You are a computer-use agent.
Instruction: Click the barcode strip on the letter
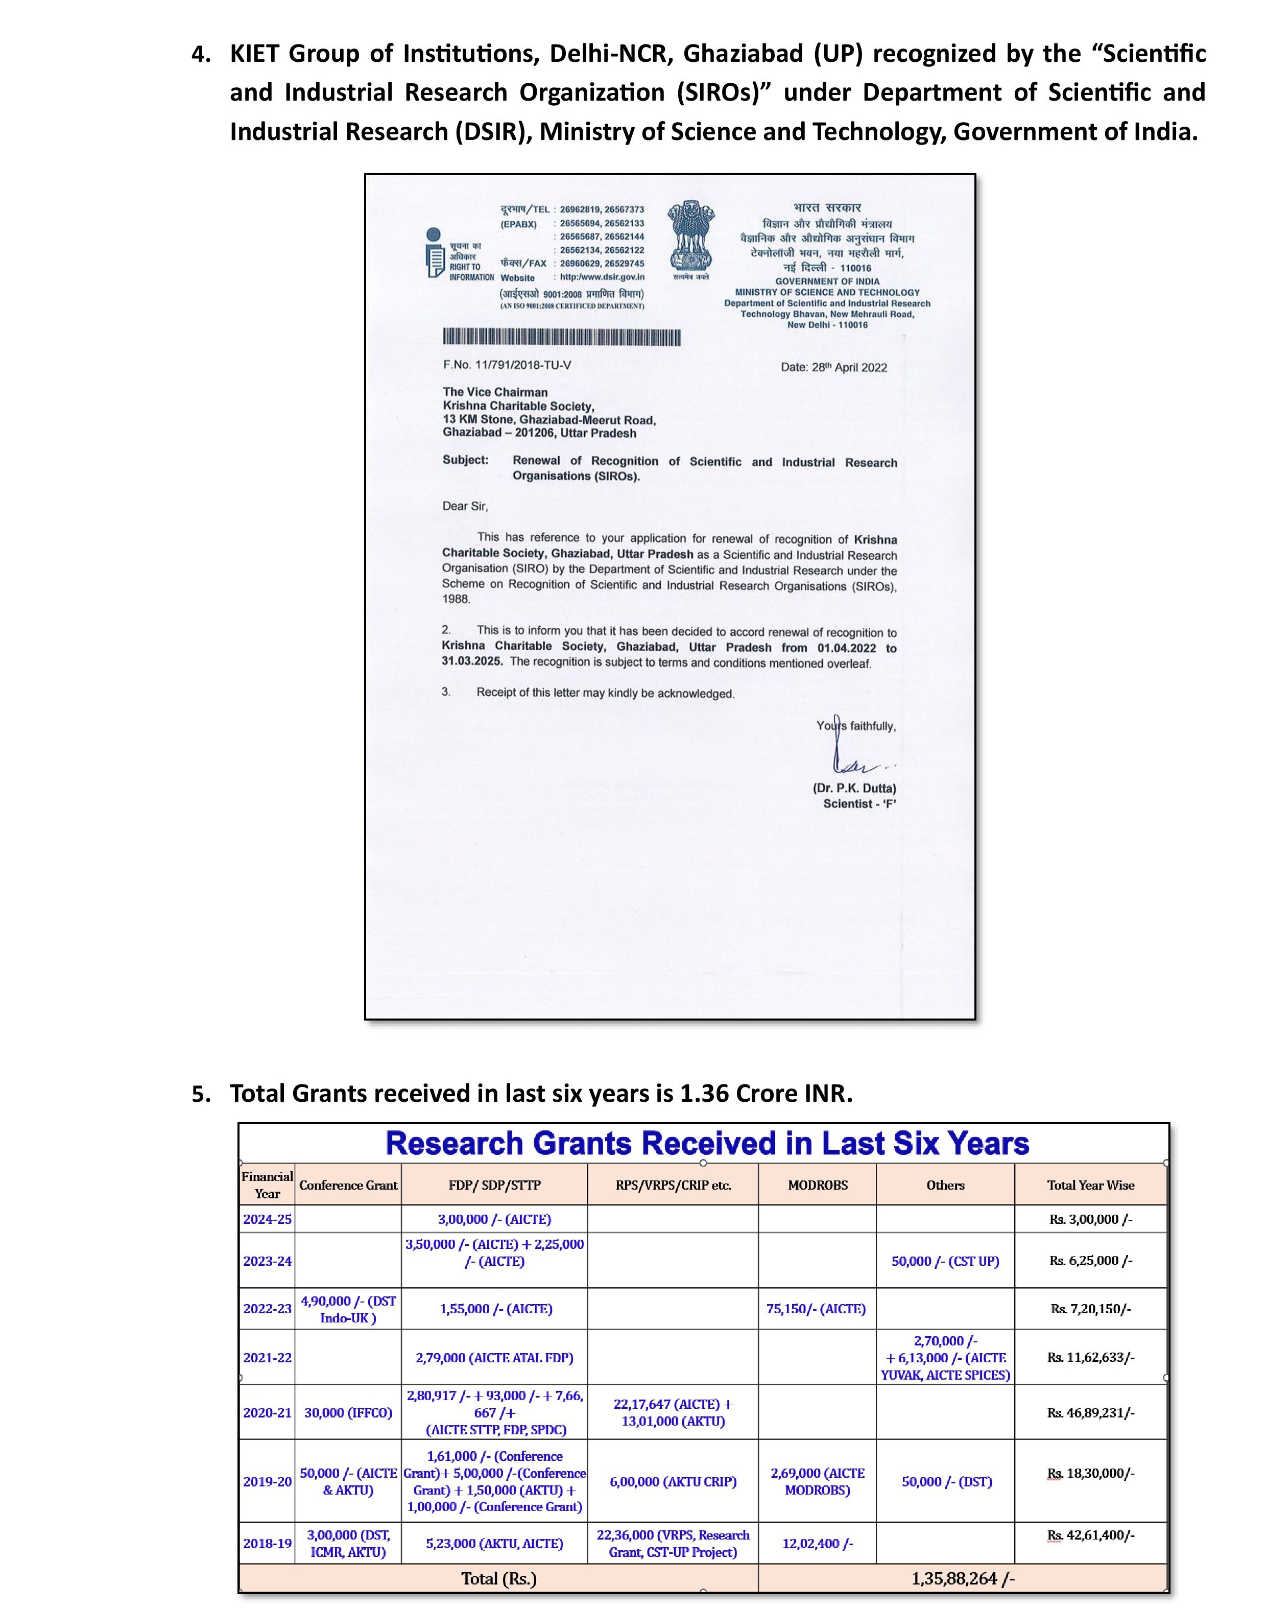[562, 338]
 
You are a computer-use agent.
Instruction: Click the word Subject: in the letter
[465, 460]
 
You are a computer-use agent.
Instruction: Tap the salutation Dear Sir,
[465, 506]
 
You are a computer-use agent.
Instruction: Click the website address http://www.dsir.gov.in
[602, 277]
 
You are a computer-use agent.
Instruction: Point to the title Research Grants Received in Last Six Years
[707, 1143]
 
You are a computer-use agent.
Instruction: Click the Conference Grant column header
[348, 1185]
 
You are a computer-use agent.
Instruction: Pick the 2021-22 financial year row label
[267, 1358]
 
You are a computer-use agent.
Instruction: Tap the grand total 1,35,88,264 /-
[963, 1578]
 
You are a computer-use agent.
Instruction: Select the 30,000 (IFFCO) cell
[348, 1412]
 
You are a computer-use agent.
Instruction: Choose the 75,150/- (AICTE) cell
[816, 1309]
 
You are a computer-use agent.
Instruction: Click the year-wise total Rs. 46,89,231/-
[1090, 1412]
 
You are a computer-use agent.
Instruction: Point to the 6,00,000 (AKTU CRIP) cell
[673, 1481]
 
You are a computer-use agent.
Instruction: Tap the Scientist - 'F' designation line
[859, 803]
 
